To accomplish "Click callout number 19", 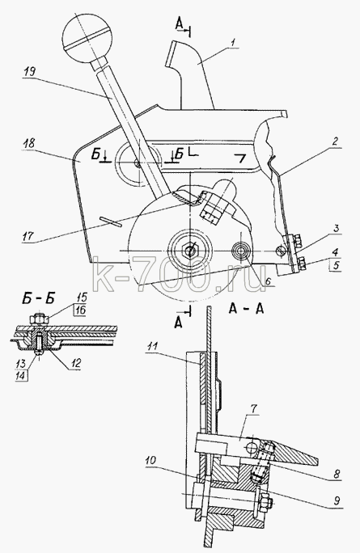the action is pos(31,74).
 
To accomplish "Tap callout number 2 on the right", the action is pos(335,142).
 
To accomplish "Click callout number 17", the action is pos(28,235).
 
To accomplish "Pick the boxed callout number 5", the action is pos(335,264).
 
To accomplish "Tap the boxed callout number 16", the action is pos(79,310).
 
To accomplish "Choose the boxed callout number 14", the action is pos(21,376).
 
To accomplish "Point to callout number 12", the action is pos(75,363).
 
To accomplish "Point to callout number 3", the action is pos(336,229).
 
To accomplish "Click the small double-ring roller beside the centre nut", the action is pos(240,251).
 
